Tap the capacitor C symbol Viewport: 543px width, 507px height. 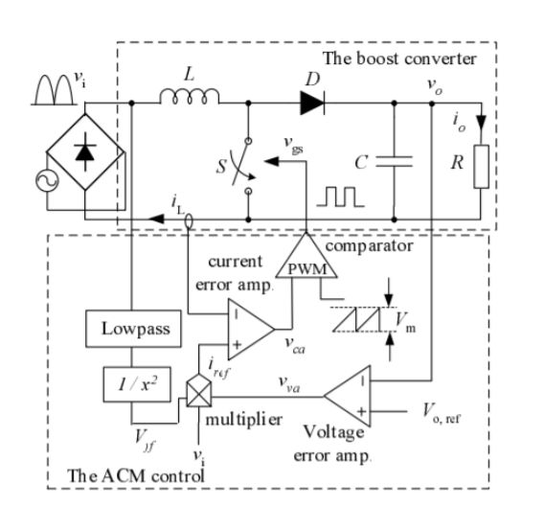(395, 163)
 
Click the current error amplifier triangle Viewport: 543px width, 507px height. (247, 325)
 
